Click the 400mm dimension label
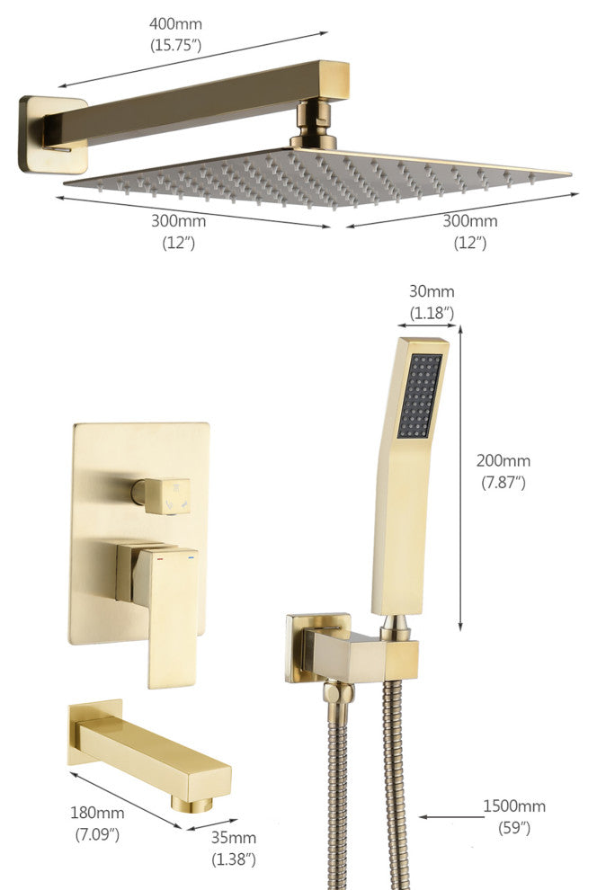(x=175, y=24)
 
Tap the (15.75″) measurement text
(x=175, y=45)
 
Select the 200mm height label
(x=503, y=460)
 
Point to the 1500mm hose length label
(x=514, y=806)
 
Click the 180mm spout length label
(x=97, y=813)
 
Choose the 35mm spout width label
(x=233, y=838)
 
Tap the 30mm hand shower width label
(x=432, y=291)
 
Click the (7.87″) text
(x=503, y=483)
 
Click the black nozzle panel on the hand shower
(x=419, y=396)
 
